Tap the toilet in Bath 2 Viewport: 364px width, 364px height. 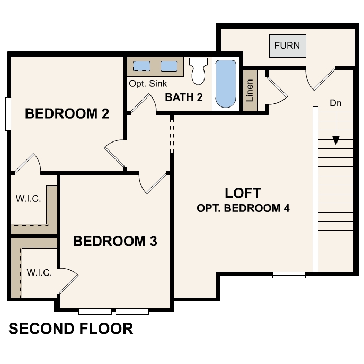[x=198, y=72]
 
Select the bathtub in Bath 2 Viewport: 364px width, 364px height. [x=226, y=84]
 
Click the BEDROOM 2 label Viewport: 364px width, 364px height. [x=67, y=113]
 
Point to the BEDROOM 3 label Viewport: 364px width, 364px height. [x=115, y=242]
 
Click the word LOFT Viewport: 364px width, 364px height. [x=243, y=192]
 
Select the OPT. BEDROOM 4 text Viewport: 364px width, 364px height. [x=243, y=208]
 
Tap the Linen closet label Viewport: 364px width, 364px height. [x=250, y=91]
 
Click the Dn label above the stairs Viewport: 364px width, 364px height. [x=335, y=103]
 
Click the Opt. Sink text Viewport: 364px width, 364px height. [x=148, y=84]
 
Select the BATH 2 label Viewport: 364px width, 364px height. [x=184, y=97]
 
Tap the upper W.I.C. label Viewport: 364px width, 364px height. [x=28, y=199]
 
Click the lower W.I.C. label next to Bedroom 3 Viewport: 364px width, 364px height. [x=39, y=273]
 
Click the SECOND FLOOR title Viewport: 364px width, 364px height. [x=71, y=329]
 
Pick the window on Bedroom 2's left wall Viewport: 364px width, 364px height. [x=7, y=113]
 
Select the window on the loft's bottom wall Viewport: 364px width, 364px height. [x=289, y=274]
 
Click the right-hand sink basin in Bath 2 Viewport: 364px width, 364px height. [x=168, y=66]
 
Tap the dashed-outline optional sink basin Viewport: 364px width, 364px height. [x=141, y=66]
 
